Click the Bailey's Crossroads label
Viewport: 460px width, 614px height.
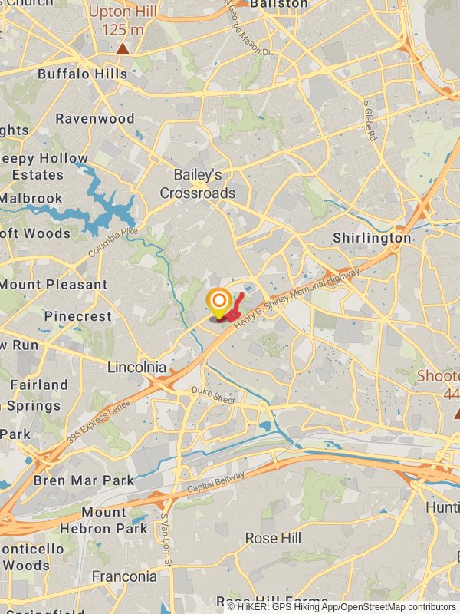(x=198, y=184)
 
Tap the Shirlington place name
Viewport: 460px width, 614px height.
(x=372, y=238)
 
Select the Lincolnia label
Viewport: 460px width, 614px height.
(x=136, y=367)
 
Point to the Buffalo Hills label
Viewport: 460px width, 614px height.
(x=83, y=74)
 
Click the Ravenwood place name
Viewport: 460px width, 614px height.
(x=95, y=119)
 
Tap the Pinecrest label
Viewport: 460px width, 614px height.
(x=77, y=316)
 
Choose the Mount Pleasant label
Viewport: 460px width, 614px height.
(x=54, y=284)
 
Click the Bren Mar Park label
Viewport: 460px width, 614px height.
(x=84, y=481)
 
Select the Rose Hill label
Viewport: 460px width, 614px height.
(x=273, y=539)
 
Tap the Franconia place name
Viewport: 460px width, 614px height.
(x=124, y=576)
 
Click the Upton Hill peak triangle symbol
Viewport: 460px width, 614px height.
(x=123, y=49)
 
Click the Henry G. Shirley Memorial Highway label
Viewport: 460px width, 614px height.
(x=297, y=300)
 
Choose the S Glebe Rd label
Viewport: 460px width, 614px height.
(x=370, y=120)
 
